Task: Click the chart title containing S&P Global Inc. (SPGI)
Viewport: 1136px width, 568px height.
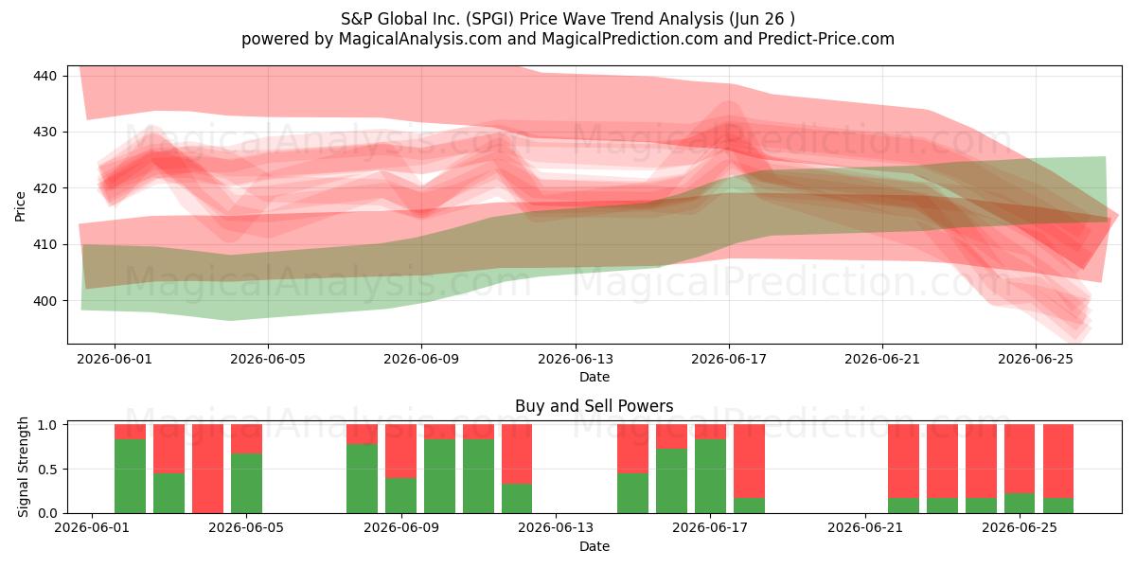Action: point(567,19)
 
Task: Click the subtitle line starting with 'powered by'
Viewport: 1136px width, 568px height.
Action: point(567,39)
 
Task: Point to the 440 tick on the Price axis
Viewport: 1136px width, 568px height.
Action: point(44,76)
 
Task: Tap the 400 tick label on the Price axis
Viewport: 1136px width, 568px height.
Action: point(44,301)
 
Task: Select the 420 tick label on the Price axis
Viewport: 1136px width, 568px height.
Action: point(44,188)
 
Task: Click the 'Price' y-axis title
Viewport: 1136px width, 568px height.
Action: point(20,206)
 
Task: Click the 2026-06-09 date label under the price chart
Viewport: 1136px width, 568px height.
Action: point(421,359)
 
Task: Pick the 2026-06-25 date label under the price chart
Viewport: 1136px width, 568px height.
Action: point(1036,359)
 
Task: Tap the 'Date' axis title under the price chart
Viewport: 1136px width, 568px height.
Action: point(595,377)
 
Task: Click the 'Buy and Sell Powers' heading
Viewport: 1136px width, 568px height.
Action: point(594,406)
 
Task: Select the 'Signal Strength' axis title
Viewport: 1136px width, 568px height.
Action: point(23,467)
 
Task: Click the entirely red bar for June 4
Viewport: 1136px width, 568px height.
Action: point(207,469)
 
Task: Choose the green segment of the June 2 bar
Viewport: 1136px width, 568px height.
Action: point(130,476)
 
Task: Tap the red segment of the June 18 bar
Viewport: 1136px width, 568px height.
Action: point(749,461)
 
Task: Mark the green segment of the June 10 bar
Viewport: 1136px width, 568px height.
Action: point(439,476)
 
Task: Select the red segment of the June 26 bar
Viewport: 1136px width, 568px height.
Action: point(1058,461)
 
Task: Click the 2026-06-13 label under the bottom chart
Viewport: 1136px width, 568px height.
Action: point(556,528)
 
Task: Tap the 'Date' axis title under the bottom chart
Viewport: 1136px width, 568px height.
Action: point(595,546)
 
